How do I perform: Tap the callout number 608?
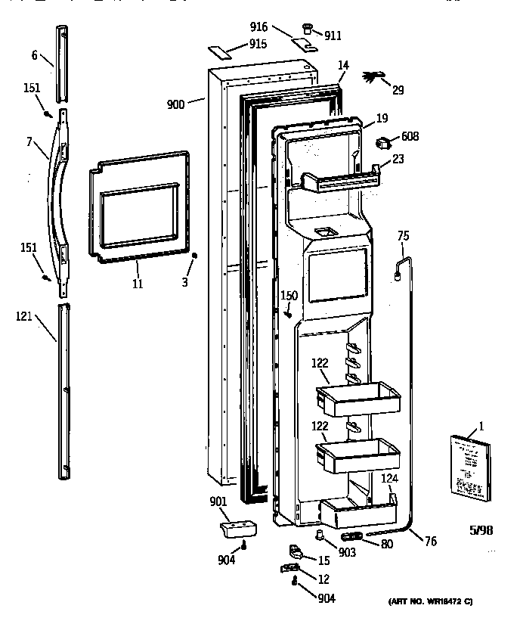pos(410,136)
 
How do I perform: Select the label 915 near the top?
pos(258,44)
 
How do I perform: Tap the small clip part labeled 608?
pos(385,141)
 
